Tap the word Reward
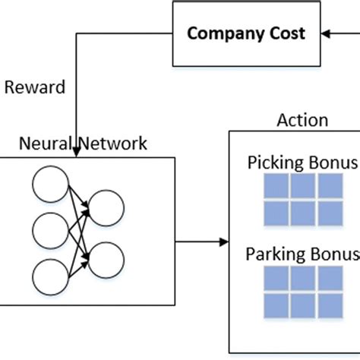[x=34, y=87]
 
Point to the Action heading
[x=302, y=120]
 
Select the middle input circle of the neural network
[x=48, y=230]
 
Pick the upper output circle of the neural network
[x=105, y=207]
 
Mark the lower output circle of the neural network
[x=105, y=259]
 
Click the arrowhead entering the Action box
[x=224, y=242]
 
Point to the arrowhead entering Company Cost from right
[x=326, y=33]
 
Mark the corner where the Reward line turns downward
[x=76, y=33]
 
